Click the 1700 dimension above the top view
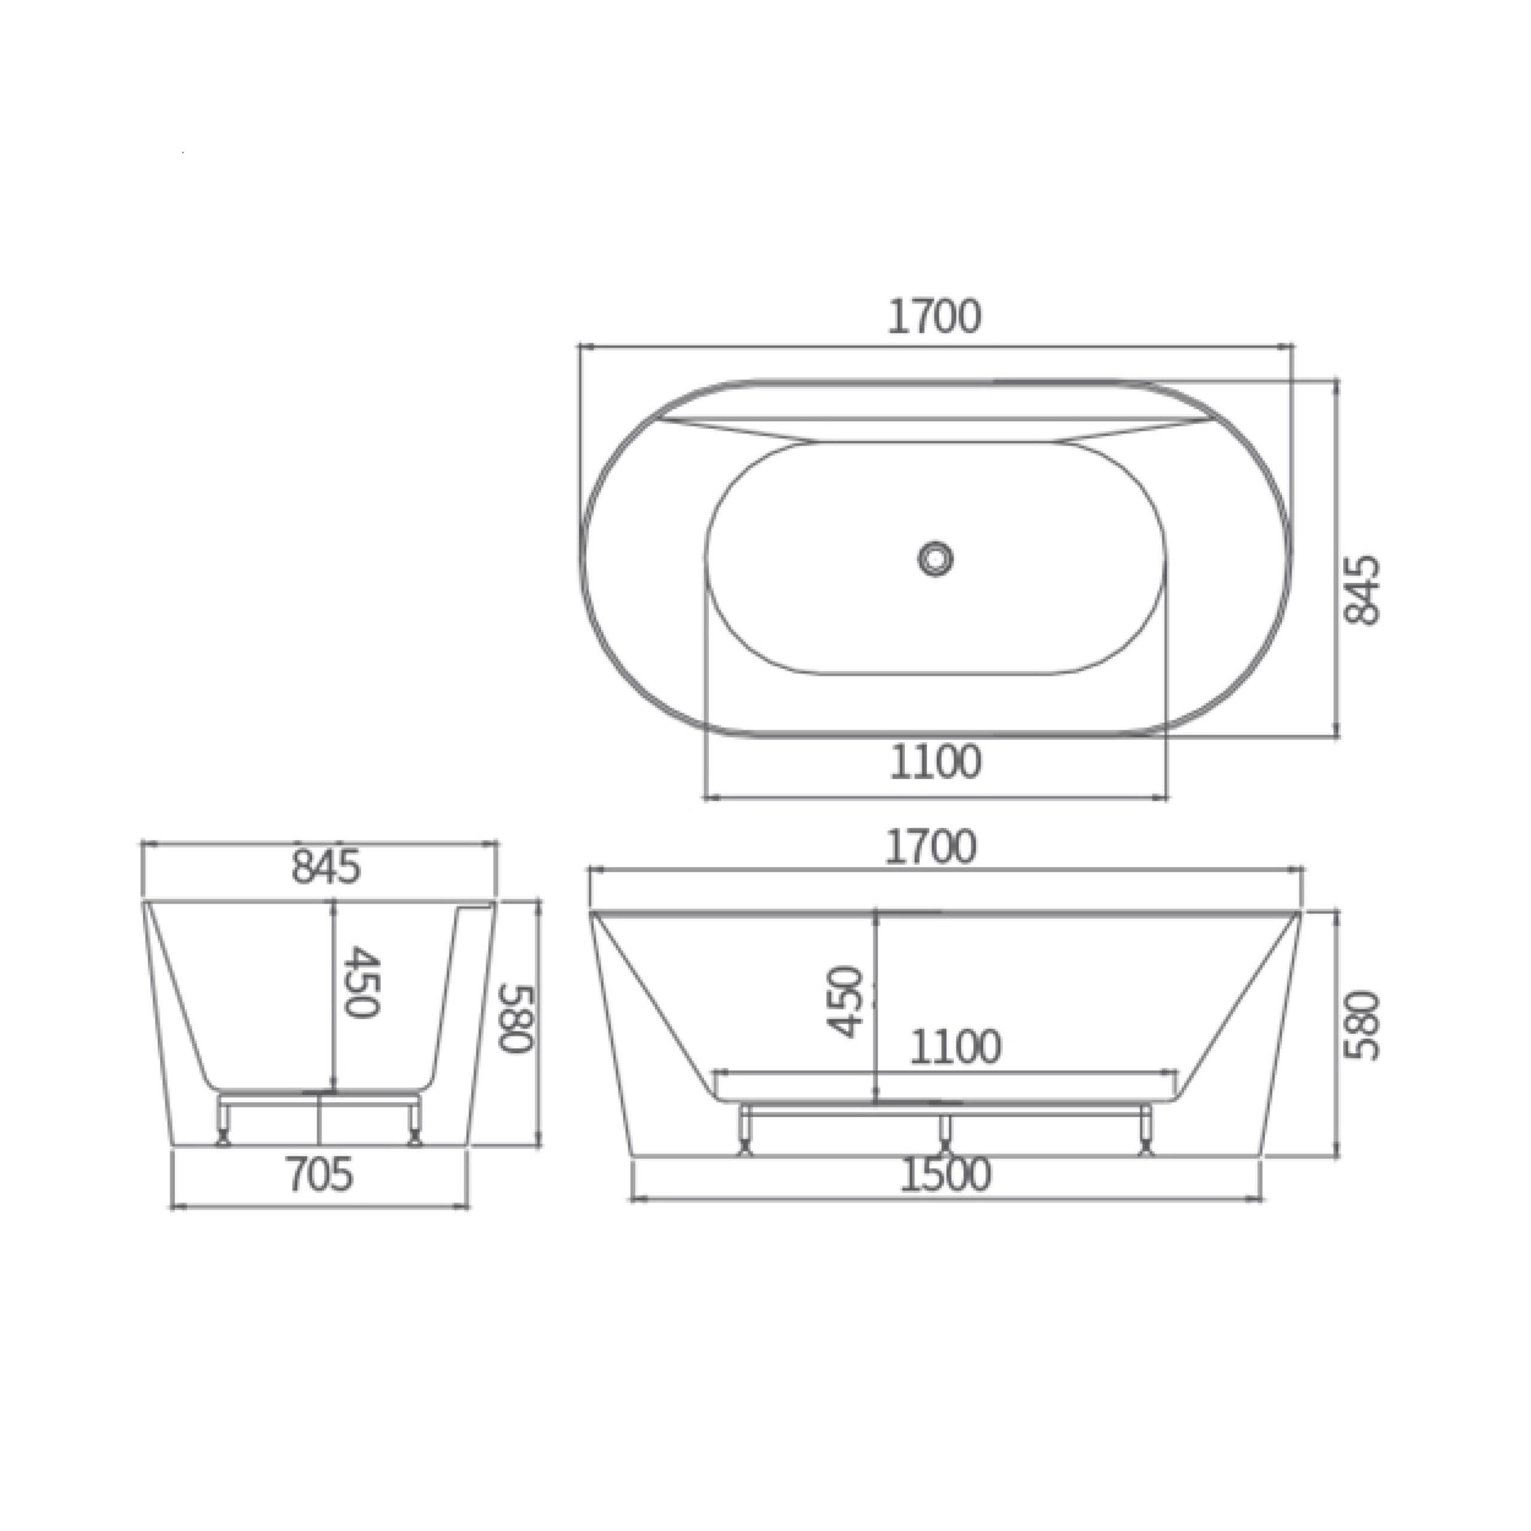tap(934, 316)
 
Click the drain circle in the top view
tap(936, 558)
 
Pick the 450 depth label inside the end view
tap(364, 981)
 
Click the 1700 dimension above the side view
tap(931, 846)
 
